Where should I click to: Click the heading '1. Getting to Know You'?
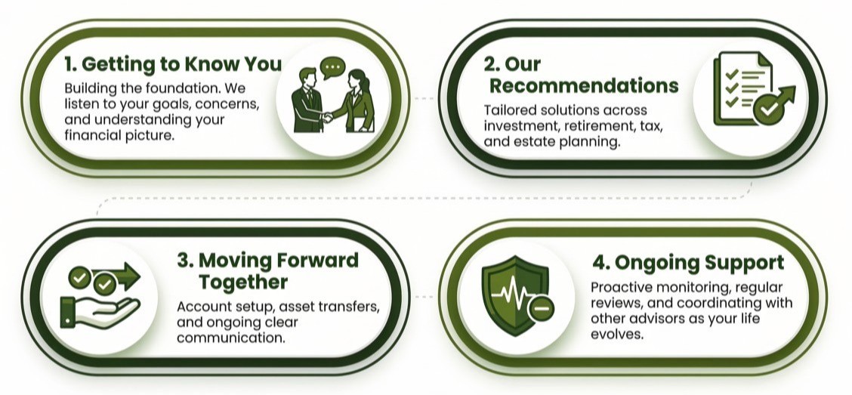pyautogui.click(x=173, y=64)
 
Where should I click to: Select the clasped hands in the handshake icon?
pyautogui.click(x=327, y=117)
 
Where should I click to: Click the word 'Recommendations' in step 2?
pyautogui.click(x=584, y=86)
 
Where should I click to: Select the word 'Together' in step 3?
pyautogui.click(x=243, y=282)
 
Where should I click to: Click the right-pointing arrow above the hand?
pyautogui.click(x=117, y=276)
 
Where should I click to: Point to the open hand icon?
pyautogui.click(x=100, y=313)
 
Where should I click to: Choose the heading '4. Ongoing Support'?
pyautogui.click(x=688, y=263)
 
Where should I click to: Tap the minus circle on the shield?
pyautogui.click(x=542, y=309)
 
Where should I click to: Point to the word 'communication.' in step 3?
pyautogui.click(x=230, y=338)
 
